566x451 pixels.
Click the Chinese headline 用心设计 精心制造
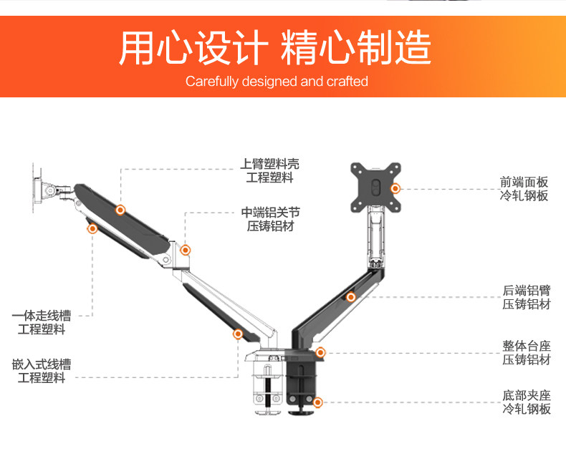pyautogui.click(x=275, y=47)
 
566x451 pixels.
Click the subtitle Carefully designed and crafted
pyautogui.click(x=277, y=81)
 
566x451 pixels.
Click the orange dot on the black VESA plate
pyautogui.click(x=395, y=188)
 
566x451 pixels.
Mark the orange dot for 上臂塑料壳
pyautogui.click(x=120, y=210)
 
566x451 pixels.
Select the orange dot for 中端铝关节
pyautogui.click(x=186, y=250)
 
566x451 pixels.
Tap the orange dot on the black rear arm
pyautogui.click(x=351, y=297)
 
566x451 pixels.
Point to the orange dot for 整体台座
pyautogui.click(x=320, y=352)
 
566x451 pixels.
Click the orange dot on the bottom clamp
pyautogui.click(x=317, y=403)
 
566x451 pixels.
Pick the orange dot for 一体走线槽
pyautogui.click(x=92, y=228)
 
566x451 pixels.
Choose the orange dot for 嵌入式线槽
pyautogui.click(x=238, y=334)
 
